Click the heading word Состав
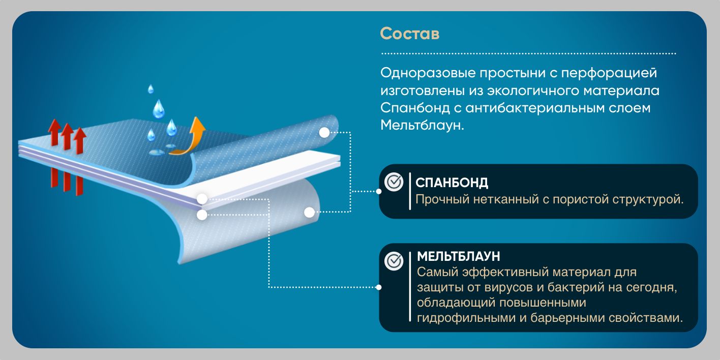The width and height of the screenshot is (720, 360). coord(409,34)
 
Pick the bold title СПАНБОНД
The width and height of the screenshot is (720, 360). coord(452,183)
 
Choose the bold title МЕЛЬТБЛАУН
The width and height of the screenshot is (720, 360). coord(459,256)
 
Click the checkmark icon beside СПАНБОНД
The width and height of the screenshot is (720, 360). coord(394,182)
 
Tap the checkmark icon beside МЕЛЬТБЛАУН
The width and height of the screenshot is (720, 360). coord(394,261)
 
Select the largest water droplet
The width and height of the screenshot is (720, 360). coord(159,108)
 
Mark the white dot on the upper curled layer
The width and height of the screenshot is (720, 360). coord(324,133)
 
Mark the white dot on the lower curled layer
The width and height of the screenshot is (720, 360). coord(309,212)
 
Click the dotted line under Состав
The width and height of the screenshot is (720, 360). coord(529,53)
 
